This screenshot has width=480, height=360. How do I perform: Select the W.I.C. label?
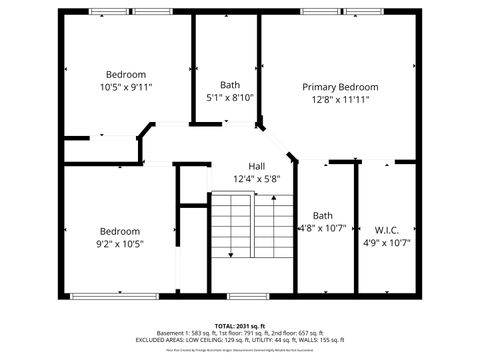point(386,228)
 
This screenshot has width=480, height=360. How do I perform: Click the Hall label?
point(257,166)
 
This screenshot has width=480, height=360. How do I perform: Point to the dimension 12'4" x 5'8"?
point(257,179)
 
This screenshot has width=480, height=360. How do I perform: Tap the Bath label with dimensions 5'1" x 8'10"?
point(230,85)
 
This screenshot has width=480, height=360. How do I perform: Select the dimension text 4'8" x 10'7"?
point(323,228)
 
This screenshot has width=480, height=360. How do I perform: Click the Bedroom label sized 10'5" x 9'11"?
point(126,74)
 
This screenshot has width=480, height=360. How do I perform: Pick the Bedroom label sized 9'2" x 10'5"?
point(119,230)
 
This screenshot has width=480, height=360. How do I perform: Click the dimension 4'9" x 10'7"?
point(386,241)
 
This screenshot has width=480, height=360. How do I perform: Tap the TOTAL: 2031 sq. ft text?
point(240,326)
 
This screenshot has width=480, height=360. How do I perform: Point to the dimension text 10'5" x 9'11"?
point(126,87)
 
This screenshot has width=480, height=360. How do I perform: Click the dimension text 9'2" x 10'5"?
point(119,243)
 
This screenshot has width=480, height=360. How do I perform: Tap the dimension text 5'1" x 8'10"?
point(230,98)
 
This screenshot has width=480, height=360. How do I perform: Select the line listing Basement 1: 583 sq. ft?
point(240,333)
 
